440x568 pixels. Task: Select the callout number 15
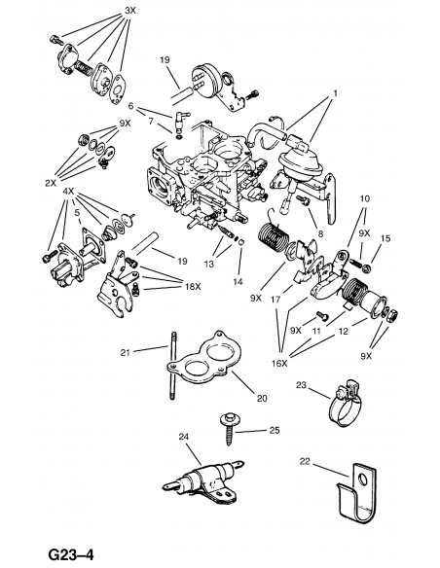[385, 237]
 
